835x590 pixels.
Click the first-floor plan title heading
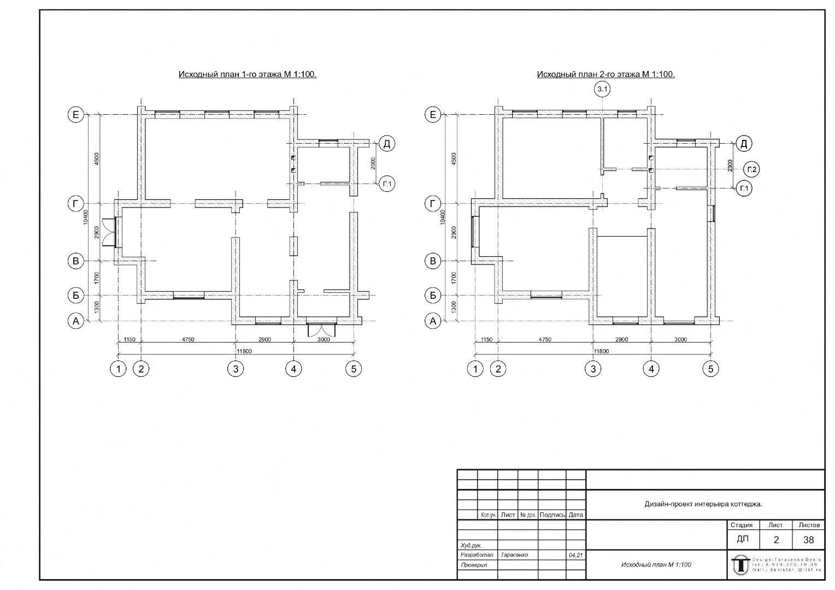click(x=248, y=74)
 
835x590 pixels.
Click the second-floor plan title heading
click(x=605, y=74)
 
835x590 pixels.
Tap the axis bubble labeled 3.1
click(x=603, y=89)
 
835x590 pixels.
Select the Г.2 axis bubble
click(x=752, y=169)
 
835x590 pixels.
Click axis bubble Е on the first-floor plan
click(x=76, y=115)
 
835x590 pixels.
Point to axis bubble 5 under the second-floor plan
click(x=710, y=369)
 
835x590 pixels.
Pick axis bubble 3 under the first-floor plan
click(x=236, y=369)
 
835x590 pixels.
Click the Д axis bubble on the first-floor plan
click(x=386, y=144)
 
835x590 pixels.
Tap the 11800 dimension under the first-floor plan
click(x=244, y=351)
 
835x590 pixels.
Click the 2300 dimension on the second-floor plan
click(x=730, y=166)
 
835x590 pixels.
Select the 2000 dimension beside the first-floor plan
click(x=373, y=163)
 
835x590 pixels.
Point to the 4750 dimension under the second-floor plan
click(x=544, y=340)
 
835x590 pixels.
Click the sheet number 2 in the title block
click(x=776, y=540)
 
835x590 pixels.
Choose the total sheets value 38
click(x=808, y=540)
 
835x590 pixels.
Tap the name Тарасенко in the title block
click(x=514, y=554)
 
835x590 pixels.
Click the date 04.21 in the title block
click(x=575, y=554)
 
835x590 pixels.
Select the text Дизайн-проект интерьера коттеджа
click(x=703, y=504)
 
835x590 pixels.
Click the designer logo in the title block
click(x=740, y=564)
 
